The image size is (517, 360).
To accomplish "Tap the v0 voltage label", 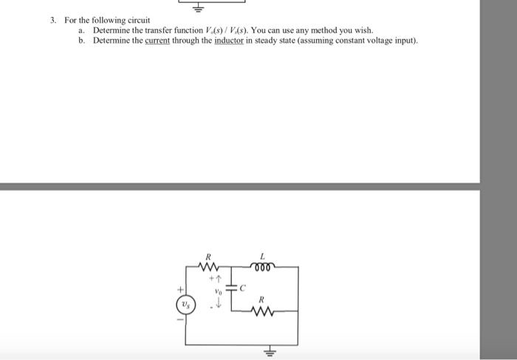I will (x=218, y=291).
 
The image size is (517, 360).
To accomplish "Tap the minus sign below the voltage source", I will (x=178, y=320).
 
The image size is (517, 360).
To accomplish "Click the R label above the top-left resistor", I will (x=209, y=257).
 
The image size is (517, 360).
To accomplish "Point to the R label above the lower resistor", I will (x=261, y=300).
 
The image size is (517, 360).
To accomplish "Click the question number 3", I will (x=54, y=19).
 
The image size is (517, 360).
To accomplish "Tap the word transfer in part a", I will (x=154, y=30).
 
